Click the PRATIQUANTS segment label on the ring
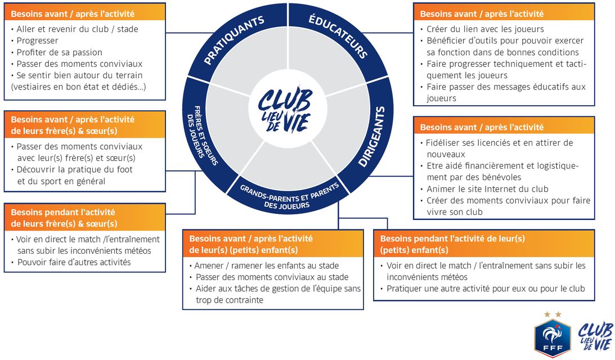point(234,40)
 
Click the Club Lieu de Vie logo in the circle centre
point(285,107)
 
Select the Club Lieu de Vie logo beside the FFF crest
point(595,336)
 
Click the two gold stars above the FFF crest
point(553,314)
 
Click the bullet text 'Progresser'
point(37,40)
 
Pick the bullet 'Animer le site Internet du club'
point(487,189)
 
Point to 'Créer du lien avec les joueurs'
point(485,29)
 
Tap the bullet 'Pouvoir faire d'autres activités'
point(73,262)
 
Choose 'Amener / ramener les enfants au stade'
point(267,265)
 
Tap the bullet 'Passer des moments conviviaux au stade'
point(272,277)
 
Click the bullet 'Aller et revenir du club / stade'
point(77,29)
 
